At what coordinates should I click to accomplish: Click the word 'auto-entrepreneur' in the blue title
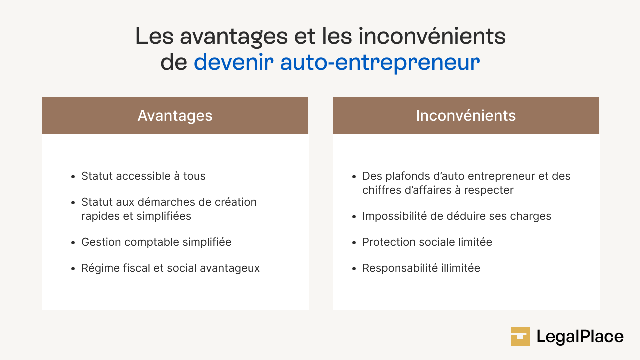(380, 62)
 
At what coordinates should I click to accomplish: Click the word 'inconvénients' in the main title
(432, 36)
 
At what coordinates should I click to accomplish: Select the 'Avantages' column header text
(175, 116)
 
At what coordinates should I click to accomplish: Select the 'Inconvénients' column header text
(466, 115)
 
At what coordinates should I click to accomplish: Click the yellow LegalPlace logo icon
(520, 336)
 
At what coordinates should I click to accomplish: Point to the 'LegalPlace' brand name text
(580, 337)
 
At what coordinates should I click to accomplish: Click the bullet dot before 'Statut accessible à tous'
(73, 177)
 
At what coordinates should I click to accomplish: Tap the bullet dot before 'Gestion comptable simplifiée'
(73, 243)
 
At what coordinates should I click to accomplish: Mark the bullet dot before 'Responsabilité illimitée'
(354, 269)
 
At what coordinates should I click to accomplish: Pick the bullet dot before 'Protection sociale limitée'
(354, 243)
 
